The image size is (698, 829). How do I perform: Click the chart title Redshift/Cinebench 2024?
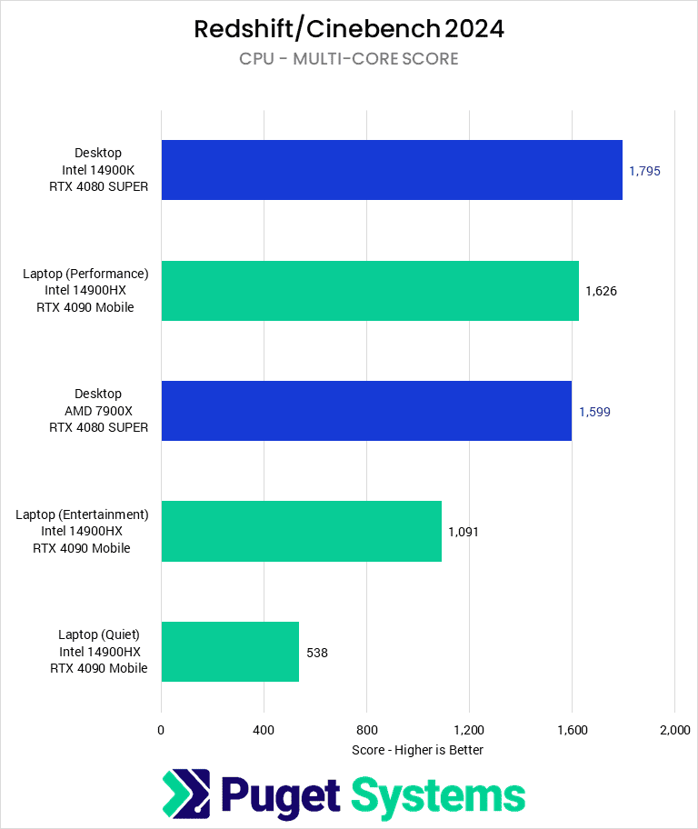tap(349, 29)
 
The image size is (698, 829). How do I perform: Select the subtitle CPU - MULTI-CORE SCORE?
tap(349, 59)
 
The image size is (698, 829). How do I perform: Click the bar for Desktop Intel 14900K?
tap(391, 170)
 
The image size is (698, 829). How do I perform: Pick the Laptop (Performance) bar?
tap(369, 291)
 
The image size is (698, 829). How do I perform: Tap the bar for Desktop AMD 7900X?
tap(365, 411)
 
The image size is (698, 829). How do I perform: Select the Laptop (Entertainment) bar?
tap(301, 531)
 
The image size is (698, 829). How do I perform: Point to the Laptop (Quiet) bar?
tap(230, 652)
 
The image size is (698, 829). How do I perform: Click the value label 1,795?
tap(643, 170)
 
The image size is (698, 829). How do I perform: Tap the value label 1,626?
tap(601, 291)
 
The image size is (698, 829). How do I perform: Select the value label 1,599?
tap(594, 411)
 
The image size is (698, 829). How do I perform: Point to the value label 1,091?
tap(463, 531)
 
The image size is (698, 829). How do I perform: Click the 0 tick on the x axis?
tap(161, 730)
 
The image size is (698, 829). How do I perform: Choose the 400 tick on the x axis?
tap(264, 730)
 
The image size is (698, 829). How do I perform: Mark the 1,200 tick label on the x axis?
tap(469, 730)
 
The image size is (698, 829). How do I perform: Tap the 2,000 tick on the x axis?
tap(673, 730)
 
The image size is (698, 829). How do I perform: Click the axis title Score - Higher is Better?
tap(417, 750)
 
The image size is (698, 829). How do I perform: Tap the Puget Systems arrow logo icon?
tap(186, 794)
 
